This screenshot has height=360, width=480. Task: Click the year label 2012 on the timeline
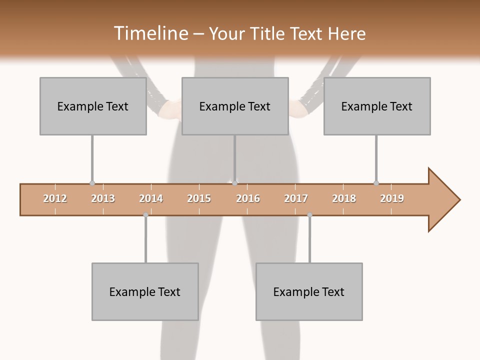[55, 198]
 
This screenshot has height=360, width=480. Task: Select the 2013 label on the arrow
[103, 198]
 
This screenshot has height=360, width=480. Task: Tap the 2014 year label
[151, 198]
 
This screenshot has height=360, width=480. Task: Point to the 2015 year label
[199, 198]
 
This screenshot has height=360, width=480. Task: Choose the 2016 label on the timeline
[248, 198]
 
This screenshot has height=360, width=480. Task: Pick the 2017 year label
[296, 198]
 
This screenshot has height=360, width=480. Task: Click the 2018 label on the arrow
[344, 198]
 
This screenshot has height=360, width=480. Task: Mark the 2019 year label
[392, 198]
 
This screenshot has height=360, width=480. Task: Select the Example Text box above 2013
[93, 106]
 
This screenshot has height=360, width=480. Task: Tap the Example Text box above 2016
[235, 106]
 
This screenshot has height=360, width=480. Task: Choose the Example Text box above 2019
[377, 106]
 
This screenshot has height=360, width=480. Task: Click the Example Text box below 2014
[145, 291]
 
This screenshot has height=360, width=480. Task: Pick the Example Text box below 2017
[309, 291]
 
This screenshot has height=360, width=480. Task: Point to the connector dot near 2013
[92, 183]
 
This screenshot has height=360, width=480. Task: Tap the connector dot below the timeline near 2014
[145, 215]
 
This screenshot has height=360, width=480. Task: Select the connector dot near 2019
[376, 183]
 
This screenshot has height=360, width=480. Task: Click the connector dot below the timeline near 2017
[309, 215]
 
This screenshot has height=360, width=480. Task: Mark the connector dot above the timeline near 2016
[234, 183]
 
